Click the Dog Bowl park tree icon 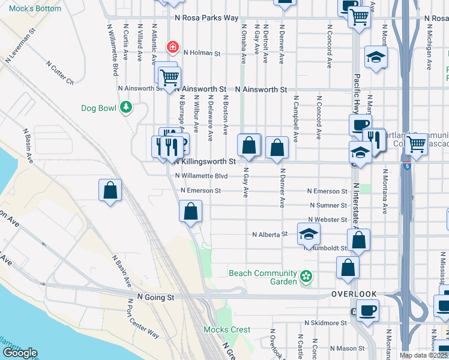(126, 107)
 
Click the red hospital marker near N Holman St (173, 47)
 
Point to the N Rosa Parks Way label (206, 18)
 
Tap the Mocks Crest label (226, 329)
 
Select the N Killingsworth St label (205, 161)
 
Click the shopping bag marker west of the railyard (110, 191)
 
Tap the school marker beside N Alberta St (309, 234)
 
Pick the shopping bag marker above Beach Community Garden (348, 268)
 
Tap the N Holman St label (199, 53)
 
